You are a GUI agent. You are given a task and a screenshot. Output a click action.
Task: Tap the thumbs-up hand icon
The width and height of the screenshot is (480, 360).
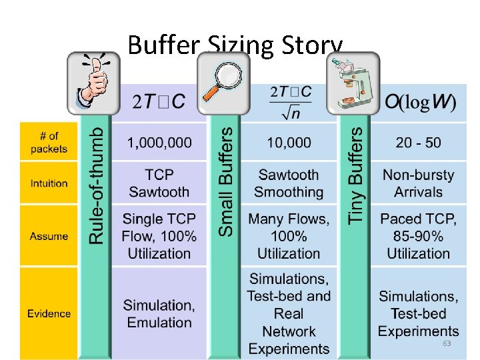pyautogui.click(x=93, y=83)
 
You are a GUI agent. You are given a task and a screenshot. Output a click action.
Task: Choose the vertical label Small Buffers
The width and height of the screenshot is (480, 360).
pyautogui.click(x=227, y=181)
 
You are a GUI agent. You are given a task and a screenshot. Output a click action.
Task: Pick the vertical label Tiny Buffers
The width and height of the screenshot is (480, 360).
pyautogui.click(x=357, y=175)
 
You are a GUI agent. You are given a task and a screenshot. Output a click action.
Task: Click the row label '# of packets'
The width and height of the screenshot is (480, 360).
pyautogui.click(x=49, y=143)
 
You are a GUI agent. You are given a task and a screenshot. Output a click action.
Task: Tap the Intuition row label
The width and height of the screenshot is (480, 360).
pyautogui.click(x=49, y=183)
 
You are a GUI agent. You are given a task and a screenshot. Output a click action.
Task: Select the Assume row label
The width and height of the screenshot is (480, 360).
pyautogui.click(x=49, y=236)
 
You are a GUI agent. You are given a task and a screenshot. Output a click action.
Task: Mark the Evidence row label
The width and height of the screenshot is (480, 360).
pyautogui.click(x=49, y=313)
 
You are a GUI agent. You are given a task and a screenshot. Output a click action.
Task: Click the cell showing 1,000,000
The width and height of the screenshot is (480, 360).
pyautogui.click(x=159, y=142)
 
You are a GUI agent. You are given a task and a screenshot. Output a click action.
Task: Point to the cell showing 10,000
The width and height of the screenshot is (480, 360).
pyautogui.click(x=289, y=142)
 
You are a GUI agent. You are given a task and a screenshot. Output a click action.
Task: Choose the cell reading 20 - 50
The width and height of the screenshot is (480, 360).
pyautogui.click(x=418, y=142)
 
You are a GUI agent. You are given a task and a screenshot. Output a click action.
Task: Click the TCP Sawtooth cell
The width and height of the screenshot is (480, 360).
pyautogui.click(x=159, y=183)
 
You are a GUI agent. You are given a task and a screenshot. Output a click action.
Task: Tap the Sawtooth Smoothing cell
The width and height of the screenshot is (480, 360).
pyautogui.click(x=289, y=183)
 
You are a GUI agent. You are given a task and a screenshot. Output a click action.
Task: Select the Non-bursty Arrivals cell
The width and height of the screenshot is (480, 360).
pyautogui.click(x=418, y=183)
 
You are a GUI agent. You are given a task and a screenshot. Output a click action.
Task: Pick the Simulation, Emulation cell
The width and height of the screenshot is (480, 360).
pyautogui.click(x=159, y=313)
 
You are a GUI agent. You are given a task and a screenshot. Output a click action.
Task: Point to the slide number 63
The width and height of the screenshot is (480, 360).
pyautogui.click(x=447, y=343)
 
